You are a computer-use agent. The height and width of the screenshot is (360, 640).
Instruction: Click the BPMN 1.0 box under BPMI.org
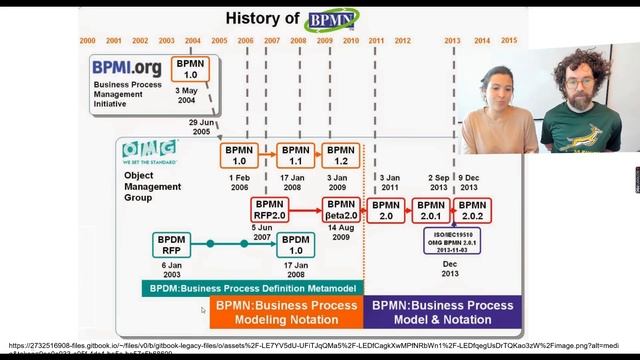pos(190,69)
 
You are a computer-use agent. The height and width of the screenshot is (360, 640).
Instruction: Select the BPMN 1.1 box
pos(296,155)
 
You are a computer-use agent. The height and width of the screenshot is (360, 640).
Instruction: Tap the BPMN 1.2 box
pos(342,155)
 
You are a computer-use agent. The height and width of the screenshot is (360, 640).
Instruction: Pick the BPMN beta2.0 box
pos(342,209)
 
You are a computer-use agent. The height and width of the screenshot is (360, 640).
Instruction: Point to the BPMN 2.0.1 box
pos(429,209)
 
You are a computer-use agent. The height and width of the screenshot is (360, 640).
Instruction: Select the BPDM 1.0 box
pos(296,244)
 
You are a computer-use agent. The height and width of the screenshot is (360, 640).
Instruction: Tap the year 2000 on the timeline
pos(87,41)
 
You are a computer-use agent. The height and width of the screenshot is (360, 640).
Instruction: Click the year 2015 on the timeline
pos(509,41)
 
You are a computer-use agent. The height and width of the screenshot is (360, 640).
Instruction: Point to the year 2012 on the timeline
pos(403,41)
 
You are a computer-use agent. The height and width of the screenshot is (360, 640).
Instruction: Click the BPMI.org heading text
pos(128,67)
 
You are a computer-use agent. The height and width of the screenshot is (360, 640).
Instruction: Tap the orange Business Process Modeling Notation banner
pos(286,311)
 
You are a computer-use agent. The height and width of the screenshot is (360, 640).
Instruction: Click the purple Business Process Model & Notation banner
pos(442,311)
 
